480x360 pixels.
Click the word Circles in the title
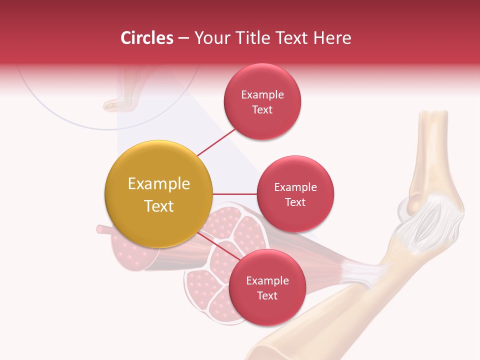pos(147,38)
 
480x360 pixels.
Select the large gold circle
pos(159,194)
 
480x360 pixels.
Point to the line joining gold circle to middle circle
pos(235,193)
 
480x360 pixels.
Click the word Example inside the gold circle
pos(159,184)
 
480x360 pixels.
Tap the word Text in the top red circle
pos(262,110)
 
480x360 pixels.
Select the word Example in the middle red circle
pos(295,187)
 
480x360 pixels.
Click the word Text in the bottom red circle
pos(267,295)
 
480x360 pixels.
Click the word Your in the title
pos(211,38)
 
